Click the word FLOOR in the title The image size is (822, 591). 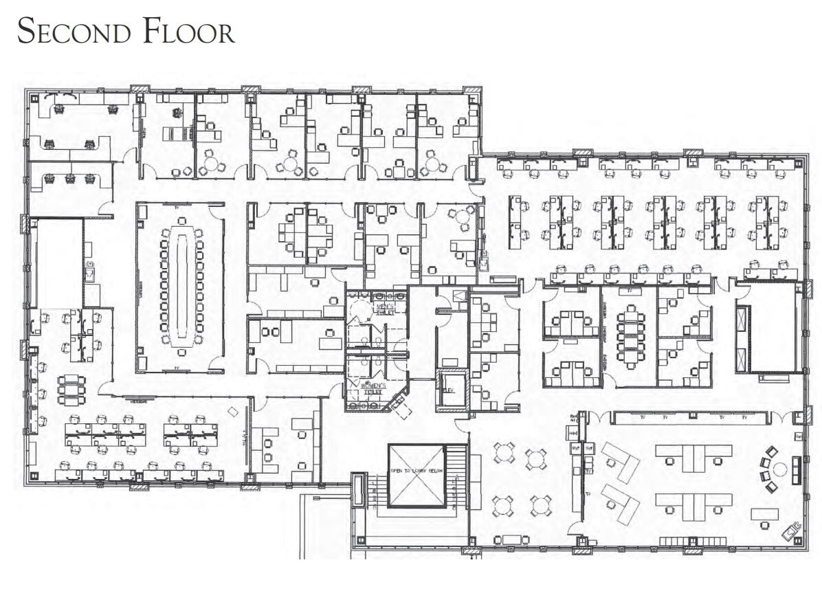point(188,32)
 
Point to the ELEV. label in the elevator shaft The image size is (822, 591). point(449,390)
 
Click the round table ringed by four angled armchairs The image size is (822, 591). point(779,469)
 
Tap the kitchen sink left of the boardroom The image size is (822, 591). point(90,274)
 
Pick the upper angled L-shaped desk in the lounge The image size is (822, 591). point(619,460)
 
